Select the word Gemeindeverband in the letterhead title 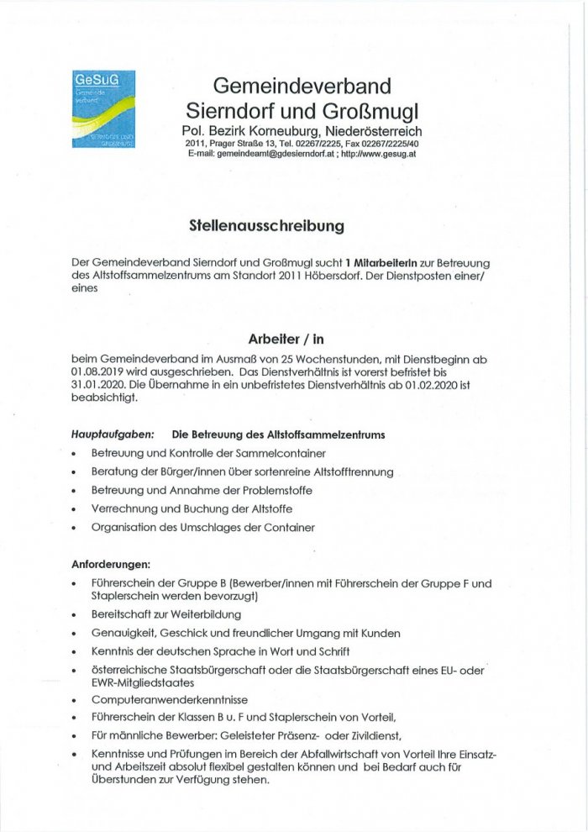[x=302, y=86]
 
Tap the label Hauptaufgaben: [x=113, y=435]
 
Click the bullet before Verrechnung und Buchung [x=76, y=509]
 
